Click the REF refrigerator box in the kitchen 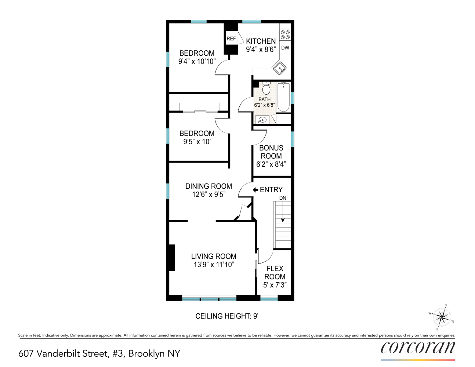click(231, 39)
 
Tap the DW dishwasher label click(285, 48)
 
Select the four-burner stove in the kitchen click(285, 35)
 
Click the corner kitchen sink click(280, 68)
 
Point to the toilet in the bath click(266, 88)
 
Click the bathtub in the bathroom click(283, 97)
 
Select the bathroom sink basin click(262, 120)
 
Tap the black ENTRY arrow click(255, 190)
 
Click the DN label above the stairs click(283, 198)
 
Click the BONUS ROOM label click(271, 152)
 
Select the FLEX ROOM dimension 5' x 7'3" click(275, 285)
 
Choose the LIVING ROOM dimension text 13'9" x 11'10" click(214, 265)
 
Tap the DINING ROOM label click(209, 186)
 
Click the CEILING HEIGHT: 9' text click(227, 316)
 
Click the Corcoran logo click(418, 348)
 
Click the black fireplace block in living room click(171, 258)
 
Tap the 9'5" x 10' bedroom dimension click(197, 142)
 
